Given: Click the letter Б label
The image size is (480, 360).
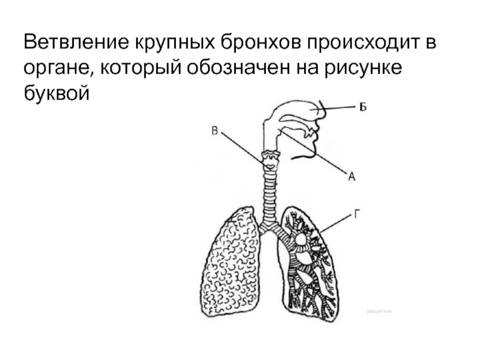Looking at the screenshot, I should click(362, 107).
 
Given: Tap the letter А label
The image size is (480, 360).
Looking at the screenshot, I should click(352, 176).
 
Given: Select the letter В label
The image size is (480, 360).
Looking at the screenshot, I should click(214, 130).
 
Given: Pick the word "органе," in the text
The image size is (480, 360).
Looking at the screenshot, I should click(57, 68).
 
